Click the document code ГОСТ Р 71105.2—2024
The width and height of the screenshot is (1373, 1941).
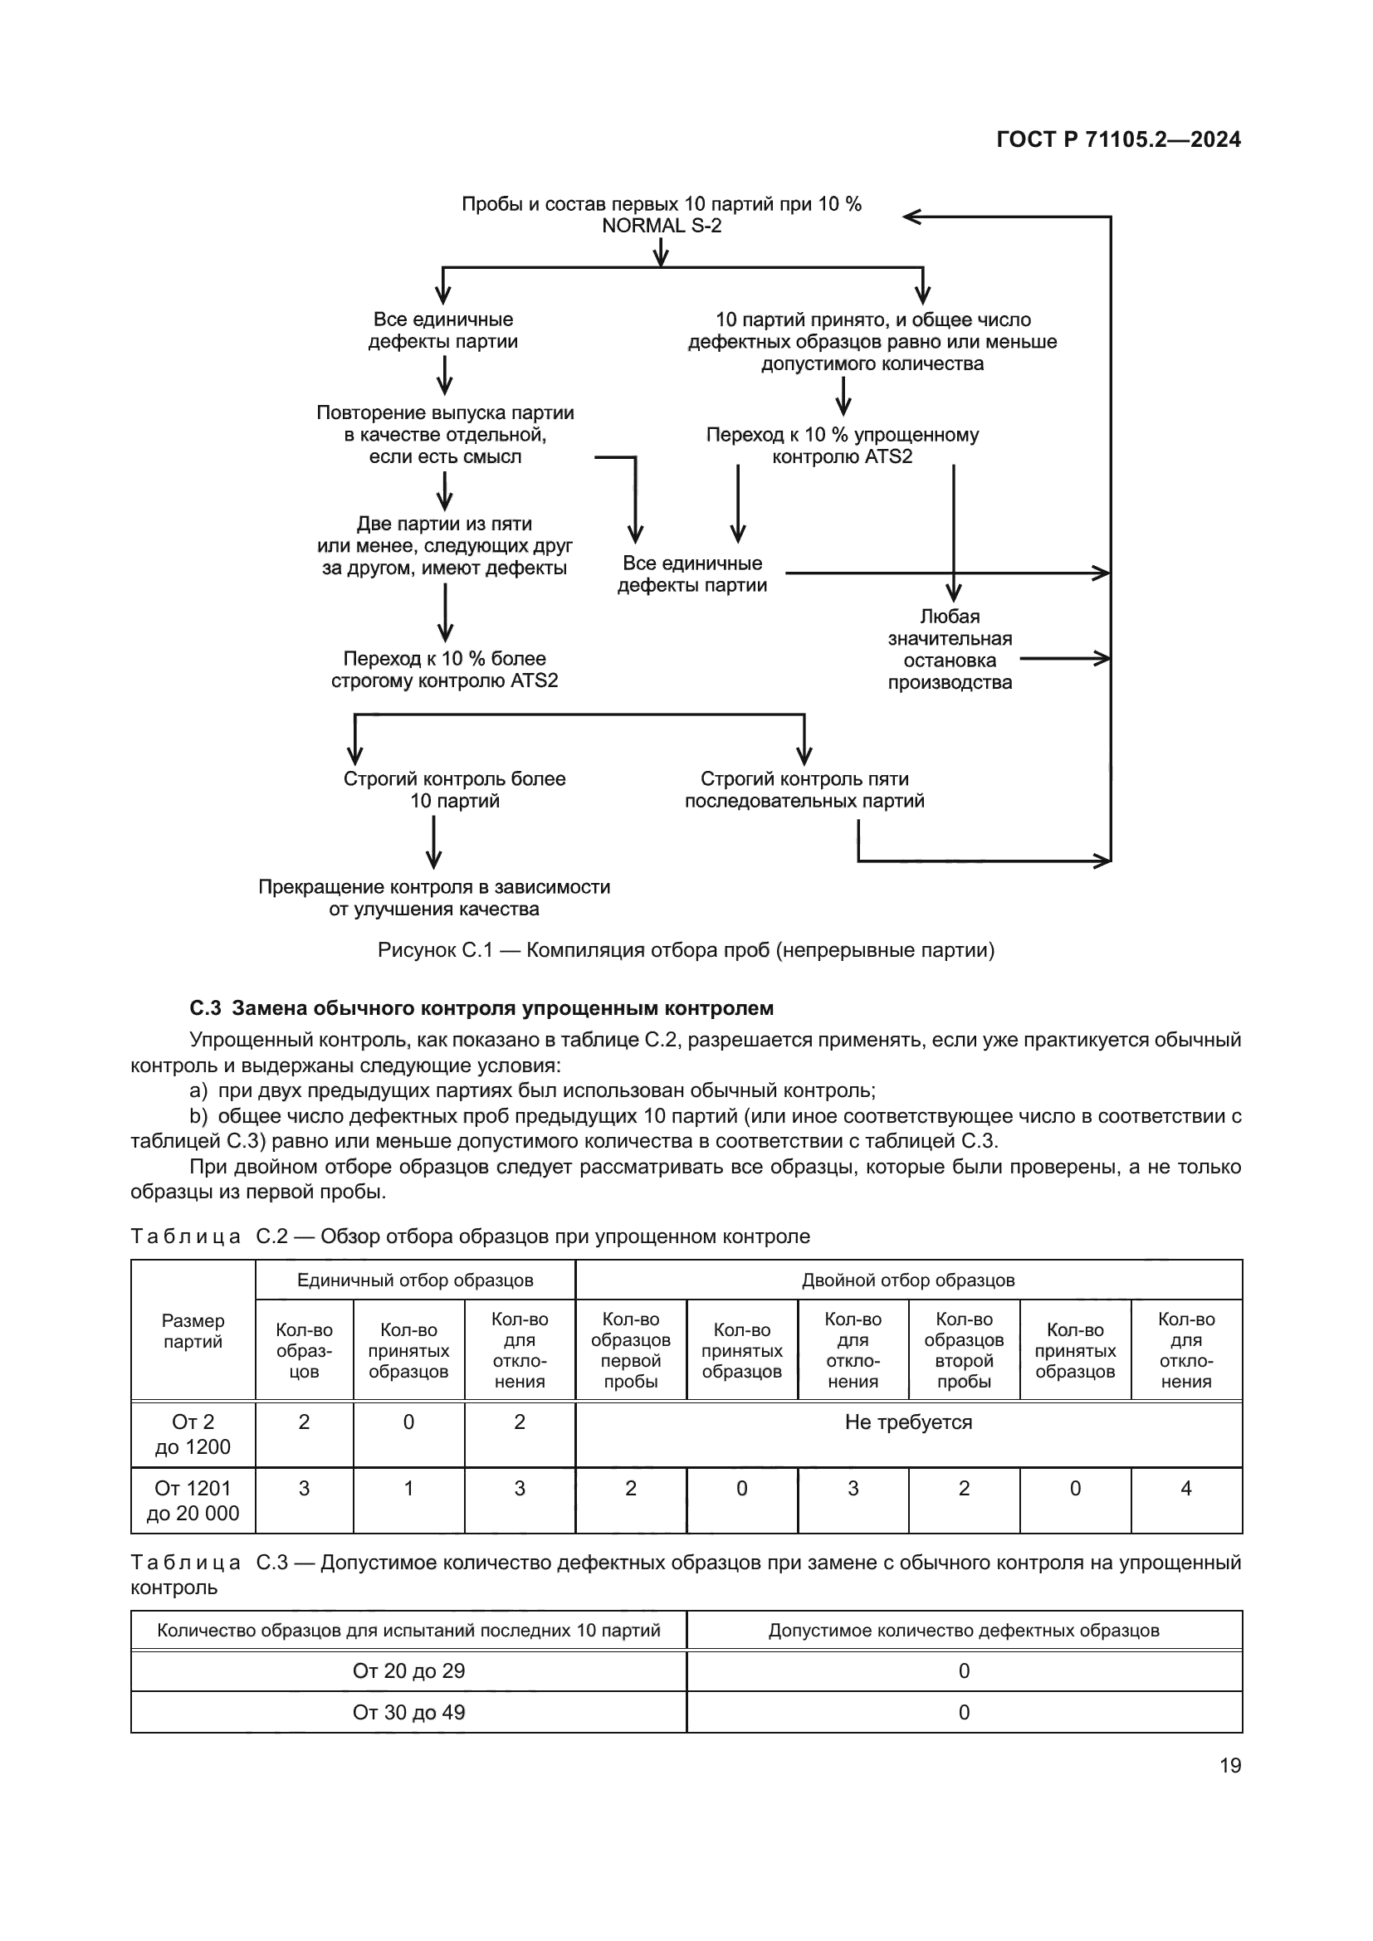[1117, 139]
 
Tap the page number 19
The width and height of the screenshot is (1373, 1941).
[1230, 1765]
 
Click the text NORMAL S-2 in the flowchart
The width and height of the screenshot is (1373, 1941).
[661, 226]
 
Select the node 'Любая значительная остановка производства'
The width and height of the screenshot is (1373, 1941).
[950, 649]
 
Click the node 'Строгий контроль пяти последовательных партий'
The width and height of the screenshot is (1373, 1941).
[804, 789]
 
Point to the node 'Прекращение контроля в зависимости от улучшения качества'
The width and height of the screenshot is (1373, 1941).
[433, 898]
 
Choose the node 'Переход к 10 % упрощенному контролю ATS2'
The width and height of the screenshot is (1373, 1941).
[842, 446]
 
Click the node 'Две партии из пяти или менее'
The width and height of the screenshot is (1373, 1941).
[445, 545]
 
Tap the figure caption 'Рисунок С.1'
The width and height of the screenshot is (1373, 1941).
[686, 950]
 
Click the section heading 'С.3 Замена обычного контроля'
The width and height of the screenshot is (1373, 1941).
[481, 1007]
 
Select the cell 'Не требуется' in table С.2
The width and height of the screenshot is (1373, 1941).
[908, 1422]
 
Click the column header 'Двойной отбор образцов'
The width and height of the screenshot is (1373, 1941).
[908, 1280]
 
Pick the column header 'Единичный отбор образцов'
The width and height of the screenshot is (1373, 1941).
[415, 1280]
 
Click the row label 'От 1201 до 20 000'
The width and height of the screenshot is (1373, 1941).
[193, 1500]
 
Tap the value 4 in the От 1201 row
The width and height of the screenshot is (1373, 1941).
[1185, 1488]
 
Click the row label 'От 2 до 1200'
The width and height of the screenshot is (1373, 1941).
[193, 1434]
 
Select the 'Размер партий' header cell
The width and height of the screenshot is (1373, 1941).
[193, 1330]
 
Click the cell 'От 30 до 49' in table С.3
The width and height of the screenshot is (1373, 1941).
[408, 1712]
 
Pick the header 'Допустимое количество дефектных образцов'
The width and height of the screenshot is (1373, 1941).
[964, 1630]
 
